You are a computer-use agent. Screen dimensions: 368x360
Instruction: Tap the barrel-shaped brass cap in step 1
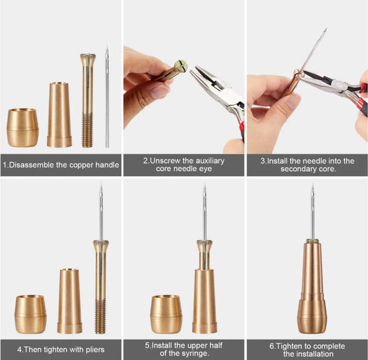[23, 128]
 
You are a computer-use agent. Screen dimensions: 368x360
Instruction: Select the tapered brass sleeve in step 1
[59, 115]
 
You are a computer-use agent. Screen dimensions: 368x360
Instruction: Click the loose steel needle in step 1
[107, 97]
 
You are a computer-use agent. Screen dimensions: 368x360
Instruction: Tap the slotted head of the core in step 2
[182, 66]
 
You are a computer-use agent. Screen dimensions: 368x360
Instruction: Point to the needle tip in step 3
[326, 29]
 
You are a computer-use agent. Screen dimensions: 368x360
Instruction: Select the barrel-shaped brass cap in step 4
[30, 314]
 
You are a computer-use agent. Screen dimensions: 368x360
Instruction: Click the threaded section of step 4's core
[100, 317]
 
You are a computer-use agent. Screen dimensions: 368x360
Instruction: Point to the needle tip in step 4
[101, 185]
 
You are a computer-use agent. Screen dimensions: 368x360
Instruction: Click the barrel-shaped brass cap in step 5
[166, 314]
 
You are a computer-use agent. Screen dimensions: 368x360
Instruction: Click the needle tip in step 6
[312, 185]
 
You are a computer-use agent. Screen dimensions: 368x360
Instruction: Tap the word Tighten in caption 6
[287, 346]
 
